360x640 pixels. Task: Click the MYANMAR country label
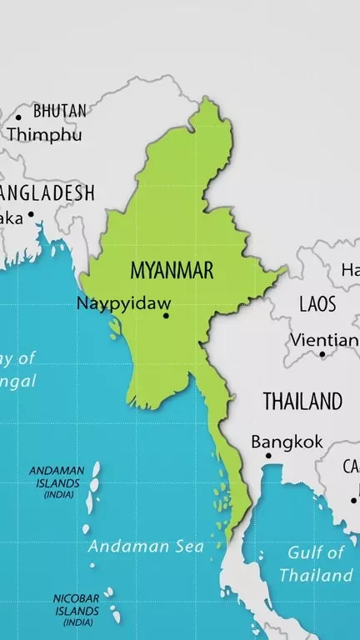coord(172,270)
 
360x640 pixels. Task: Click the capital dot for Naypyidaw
coord(166,315)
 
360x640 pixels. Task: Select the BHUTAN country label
coord(59,111)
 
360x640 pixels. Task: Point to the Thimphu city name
coord(44,133)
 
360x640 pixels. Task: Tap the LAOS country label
coord(317,303)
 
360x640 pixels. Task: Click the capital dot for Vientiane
coord(322,354)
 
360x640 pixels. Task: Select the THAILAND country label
coord(302,401)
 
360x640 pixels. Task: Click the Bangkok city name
coord(287,442)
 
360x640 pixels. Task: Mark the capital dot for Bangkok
coord(268,456)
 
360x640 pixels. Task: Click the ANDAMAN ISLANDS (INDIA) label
coord(57,482)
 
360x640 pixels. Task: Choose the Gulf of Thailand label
coord(317,563)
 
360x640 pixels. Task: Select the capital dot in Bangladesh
coord(31,214)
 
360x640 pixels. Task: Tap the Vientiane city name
coord(325,340)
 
